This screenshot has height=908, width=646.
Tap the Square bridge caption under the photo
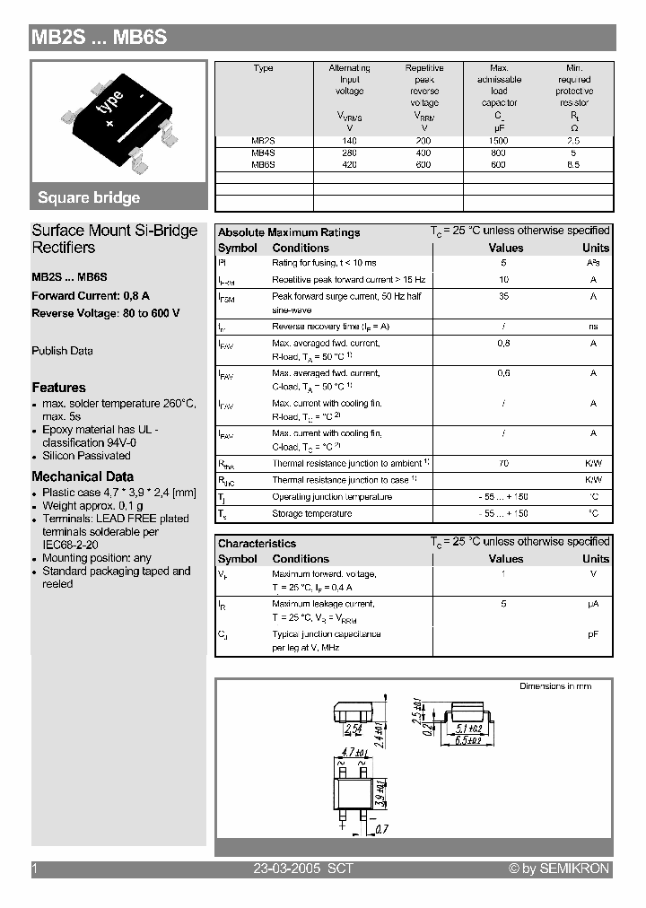coord(89,198)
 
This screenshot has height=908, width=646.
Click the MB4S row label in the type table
coord(263,153)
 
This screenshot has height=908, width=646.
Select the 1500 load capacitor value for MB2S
coord(499,141)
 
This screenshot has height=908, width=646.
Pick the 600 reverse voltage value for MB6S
coord(423,165)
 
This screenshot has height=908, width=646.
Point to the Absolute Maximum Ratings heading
coord(289,232)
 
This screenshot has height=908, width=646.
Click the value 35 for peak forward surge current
coord(503,295)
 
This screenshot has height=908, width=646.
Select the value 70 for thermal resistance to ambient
coord(503,463)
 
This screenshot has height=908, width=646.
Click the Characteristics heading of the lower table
coord(257,544)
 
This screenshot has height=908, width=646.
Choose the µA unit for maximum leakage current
coord(593,604)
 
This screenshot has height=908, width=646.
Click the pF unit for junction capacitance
coord(593,634)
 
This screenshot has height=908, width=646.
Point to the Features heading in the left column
coord(59,388)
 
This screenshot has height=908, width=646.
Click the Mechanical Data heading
coord(83,476)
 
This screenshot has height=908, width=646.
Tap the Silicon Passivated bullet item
coord(86,456)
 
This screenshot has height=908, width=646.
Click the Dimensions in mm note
coord(555,686)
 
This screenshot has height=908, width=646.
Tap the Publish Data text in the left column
coord(62,351)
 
